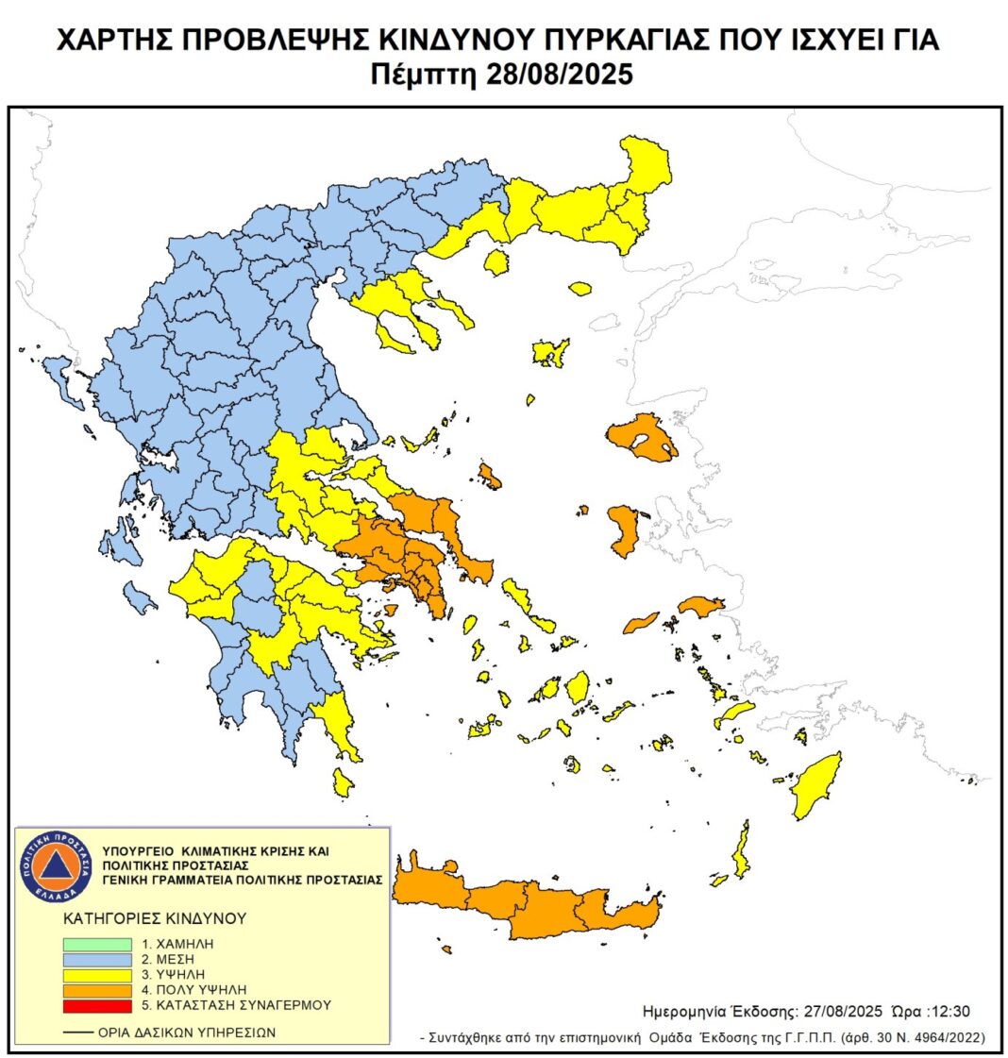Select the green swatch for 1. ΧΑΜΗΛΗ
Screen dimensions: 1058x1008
point(97,944)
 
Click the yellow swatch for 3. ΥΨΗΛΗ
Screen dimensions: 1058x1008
point(97,974)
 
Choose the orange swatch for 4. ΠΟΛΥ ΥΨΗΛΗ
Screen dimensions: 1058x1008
point(97,989)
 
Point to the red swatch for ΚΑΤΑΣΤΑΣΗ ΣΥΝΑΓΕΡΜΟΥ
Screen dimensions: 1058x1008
point(97,1004)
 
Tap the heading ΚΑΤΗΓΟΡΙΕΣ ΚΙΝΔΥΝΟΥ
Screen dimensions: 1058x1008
point(155,917)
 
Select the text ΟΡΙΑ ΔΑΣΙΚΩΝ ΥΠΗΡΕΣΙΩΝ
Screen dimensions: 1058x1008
point(187,1033)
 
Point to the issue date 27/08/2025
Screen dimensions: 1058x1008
point(832,1011)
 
